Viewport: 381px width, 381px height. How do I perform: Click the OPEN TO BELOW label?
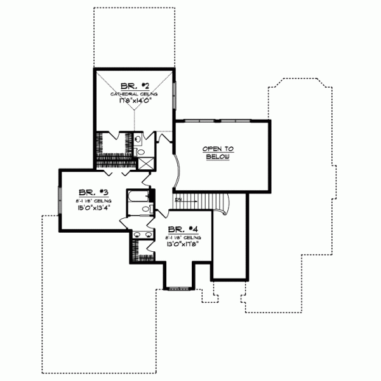coord(218,153)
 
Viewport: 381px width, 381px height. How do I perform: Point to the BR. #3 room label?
coord(87,191)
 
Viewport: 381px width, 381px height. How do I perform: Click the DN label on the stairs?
coord(180,200)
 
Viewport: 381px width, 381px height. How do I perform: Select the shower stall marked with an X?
coord(145,163)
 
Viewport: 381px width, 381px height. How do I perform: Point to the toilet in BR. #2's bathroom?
coord(141,151)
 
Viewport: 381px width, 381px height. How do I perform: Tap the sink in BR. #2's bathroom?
coord(139,138)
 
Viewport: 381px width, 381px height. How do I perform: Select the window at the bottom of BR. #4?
coord(176,289)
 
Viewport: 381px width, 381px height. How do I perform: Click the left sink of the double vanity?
coord(138,235)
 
